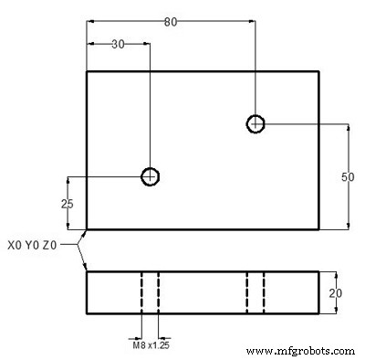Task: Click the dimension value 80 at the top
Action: click(171, 22)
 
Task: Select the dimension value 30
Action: click(119, 44)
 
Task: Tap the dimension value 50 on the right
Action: click(347, 177)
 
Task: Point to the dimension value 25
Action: click(67, 204)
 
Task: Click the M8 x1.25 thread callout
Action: click(151, 344)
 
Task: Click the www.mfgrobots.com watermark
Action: click(300, 351)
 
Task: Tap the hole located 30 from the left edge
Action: click(150, 175)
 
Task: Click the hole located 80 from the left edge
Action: click(256, 123)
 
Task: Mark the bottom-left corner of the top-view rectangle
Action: click(87, 228)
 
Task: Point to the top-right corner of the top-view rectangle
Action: click(319, 71)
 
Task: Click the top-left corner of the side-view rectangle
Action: click(87, 271)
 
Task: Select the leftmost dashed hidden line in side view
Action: click(142, 292)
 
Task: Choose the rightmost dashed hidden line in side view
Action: click(264, 292)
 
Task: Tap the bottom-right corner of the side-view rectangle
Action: click(319, 313)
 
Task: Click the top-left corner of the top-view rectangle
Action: click(87, 71)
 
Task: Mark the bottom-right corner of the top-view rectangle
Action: click(319, 228)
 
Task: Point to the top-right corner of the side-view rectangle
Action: click(319, 271)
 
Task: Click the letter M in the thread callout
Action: click(135, 344)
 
